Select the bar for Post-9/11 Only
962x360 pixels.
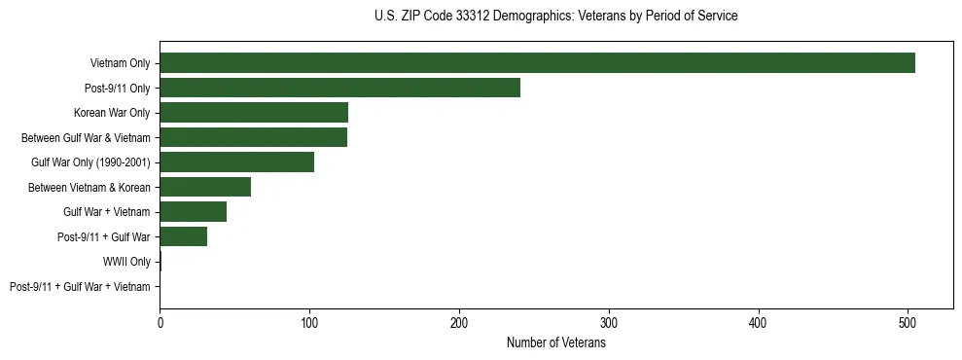click(x=339, y=88)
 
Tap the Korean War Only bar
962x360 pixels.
click(x=254, y=113)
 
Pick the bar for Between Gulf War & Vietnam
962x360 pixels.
click(x=253, y=137)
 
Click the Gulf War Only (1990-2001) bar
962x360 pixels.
click(x=236, y=162)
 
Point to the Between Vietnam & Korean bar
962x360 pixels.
click(x=205, y=187)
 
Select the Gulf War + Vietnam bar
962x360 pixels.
click(x=193, y=212)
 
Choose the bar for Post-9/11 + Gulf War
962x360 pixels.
click(x=183, y=236)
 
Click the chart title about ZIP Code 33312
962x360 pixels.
click(x=555, y=17)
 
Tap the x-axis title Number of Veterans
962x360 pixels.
click(x=555, y=343)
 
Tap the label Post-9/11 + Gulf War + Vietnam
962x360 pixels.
click(x=80, y=286)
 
